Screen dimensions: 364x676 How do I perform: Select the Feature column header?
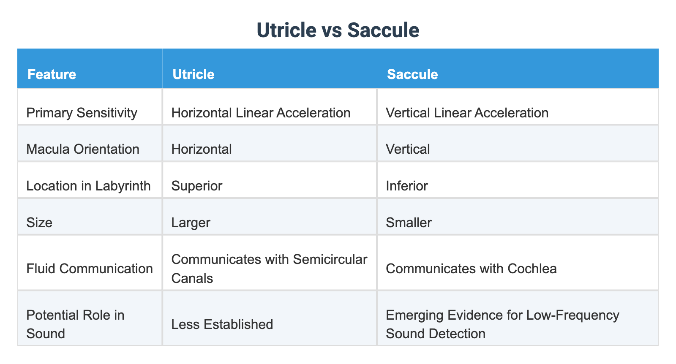(x=52, y=74)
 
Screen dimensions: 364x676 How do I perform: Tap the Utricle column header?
(x=194, y=74)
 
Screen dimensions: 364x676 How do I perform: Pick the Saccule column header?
(x=412, y=74)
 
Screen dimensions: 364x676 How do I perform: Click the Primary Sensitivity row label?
(x=82, y=113)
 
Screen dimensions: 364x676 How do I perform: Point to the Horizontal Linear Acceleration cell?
(x=261, y=113)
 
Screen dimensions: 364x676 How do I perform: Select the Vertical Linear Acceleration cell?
(x=467, y=113)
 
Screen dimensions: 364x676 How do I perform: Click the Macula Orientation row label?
(x=83, y=149)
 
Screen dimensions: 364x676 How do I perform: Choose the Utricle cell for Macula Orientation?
(x=202, y=149)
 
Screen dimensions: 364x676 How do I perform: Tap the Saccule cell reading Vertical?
(x=408, y=149)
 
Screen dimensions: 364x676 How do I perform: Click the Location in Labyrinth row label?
(x=88, y=186)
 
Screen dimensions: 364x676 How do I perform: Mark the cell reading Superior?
(x=196, y=186)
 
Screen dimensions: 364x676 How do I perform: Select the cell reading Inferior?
(x=406, y=186)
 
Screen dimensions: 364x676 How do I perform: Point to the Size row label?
(x=39, y=222)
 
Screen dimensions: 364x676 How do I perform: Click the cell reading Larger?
(x=191, y=222)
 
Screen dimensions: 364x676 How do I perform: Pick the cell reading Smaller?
(x=409, y=222)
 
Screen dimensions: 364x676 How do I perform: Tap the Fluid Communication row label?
(x=90, y=269)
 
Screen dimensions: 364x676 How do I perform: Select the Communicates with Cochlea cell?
(x=471, y=269)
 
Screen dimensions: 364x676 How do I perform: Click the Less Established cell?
(x=222, y=324)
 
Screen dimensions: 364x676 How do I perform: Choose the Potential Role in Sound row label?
(x=75, y=324)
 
